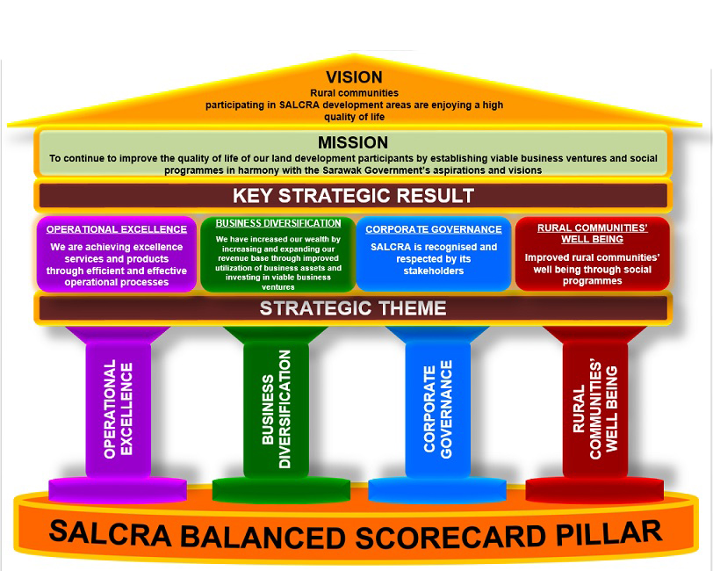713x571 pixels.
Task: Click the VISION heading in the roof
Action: point(354,77)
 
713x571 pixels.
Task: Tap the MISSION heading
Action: point(353,142)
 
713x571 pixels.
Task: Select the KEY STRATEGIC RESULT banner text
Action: point(353,196)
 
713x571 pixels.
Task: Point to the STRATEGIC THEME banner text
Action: point(353,308)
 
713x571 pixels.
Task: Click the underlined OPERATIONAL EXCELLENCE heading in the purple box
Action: point(117,229)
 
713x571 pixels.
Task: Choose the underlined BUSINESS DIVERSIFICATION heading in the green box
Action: point(278,223)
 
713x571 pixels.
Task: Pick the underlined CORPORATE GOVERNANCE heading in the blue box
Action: point(434,229)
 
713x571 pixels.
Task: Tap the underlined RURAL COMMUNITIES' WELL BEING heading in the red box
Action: point(593,234)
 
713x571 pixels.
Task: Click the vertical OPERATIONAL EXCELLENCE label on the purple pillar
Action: point(119,408)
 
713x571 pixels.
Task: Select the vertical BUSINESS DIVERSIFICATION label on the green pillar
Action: point(276,409)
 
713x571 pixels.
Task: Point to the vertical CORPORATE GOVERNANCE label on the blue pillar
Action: point(438,409)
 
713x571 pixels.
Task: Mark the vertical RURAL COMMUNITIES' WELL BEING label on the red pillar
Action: point(595,410)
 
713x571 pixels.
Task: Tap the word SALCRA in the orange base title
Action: point(110,533)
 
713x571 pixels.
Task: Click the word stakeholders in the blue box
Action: point(434,271)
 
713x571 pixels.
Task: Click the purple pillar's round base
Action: point(118,489)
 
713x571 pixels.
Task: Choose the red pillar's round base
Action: point(594,489)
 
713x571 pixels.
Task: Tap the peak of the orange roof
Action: point(354,54)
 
